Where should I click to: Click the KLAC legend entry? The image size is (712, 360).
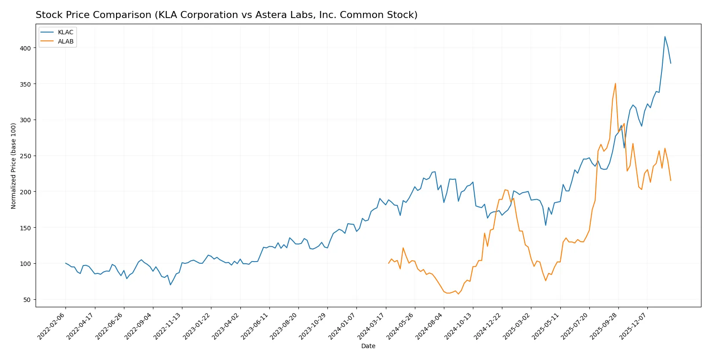pyautogui.click(x=65, y=32)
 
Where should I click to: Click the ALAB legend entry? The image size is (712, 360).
pyautogui.click(x=65, y=41)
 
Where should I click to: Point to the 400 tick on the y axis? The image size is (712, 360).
pyautogui.click(x=25, y=48)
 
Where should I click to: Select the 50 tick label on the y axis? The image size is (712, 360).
pyautogui.click(x=27, y=300)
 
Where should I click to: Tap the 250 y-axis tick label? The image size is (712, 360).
pyautogui.click(x=25, y=156)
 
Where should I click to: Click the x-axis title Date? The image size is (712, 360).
pyautogui.click(x=368, y=346)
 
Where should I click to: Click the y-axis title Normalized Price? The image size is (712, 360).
pyautogui.click(x=14, y=166)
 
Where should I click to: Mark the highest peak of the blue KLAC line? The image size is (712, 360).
pyautogui.click(x=665, y=36)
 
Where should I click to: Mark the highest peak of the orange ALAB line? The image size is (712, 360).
pyautogui.click(x=615, y=84)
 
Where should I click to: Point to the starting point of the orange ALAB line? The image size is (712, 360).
pyautogui.click(x=389, y=263)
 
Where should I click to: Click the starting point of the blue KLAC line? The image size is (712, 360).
pyautogui.click(x=65, y=263)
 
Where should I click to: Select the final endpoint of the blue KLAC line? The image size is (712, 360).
pyautogui.click(x=671, y=63)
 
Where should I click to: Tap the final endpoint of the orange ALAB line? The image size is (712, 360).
pyautogui.click(x=671, y=181)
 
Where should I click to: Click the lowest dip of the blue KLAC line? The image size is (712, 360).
pyautogui.click(x=171, y=285)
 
